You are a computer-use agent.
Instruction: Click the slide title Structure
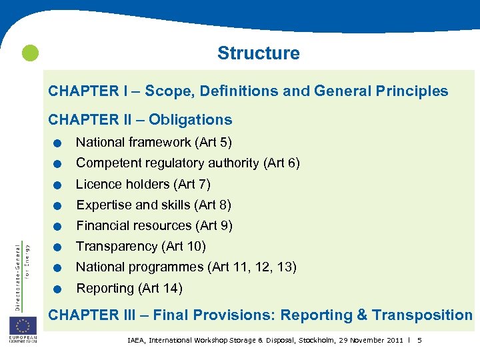259,53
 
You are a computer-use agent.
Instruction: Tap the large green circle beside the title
30,53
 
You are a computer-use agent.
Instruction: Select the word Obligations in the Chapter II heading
190,120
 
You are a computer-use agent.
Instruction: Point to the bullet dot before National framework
59,143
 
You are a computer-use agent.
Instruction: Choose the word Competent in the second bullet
107,163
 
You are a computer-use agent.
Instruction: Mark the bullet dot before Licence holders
59,185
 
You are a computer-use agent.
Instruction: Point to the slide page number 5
419,341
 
